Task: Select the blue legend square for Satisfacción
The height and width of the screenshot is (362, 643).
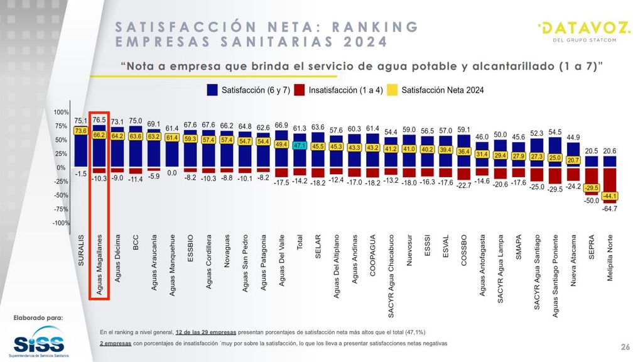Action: [212, 90]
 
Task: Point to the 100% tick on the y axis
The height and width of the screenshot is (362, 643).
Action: [61, 112]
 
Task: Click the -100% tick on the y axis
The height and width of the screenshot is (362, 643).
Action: [60, 223]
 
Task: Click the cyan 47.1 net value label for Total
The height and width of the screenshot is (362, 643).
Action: [300, 145]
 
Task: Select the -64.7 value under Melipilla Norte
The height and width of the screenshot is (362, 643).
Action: [610, 208]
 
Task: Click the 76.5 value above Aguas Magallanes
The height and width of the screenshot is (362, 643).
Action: [99, 119]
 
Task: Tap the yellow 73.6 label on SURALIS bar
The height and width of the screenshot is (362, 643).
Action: [80, 131]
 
